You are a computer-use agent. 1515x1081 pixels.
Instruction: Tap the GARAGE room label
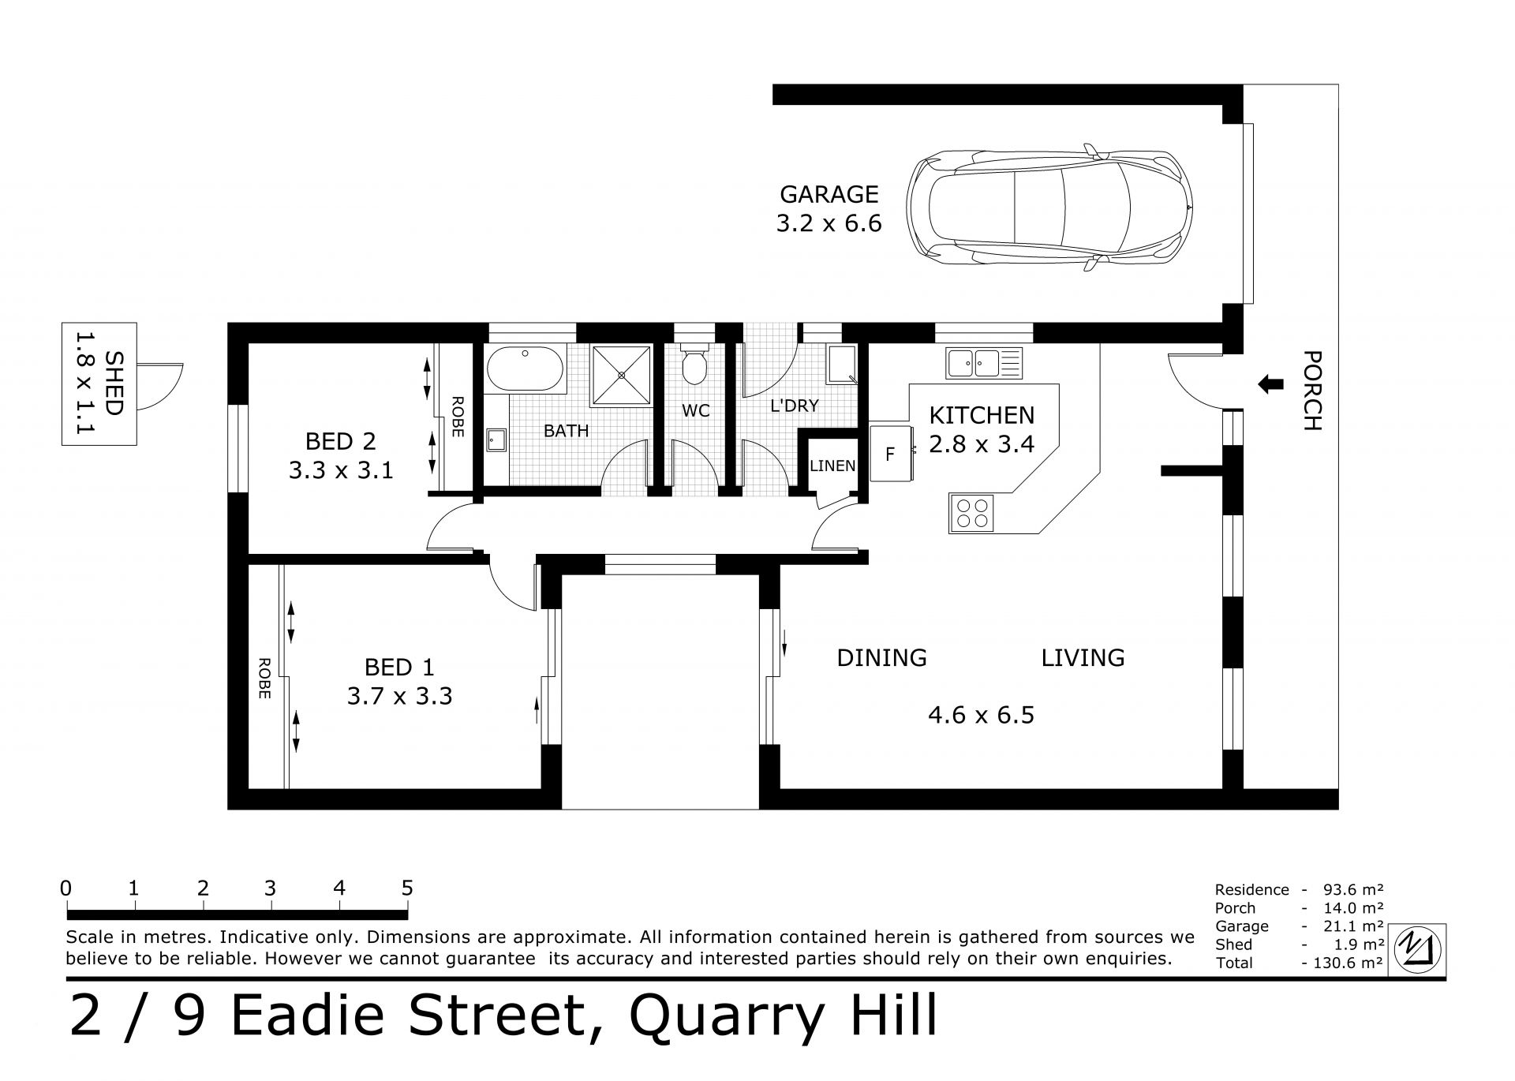point(829,194)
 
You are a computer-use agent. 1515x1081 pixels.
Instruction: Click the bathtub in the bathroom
point(525,369)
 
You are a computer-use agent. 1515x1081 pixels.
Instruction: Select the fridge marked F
point(891,454)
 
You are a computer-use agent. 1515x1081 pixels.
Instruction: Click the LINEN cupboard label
point(832,466)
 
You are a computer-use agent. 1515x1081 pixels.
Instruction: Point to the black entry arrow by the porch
point(1269,384)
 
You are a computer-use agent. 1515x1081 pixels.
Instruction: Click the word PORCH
point(1311,391)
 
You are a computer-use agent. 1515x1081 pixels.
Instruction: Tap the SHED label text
point(114,383)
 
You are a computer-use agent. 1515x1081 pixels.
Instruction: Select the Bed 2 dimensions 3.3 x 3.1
point(341,471)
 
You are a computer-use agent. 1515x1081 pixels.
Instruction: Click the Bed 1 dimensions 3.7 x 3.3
point(399,697)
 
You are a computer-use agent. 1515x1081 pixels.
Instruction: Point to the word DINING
point(881,657)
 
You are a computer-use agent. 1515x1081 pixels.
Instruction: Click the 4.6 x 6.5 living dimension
point(981,716)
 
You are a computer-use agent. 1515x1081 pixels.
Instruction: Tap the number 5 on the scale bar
point(407,888)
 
